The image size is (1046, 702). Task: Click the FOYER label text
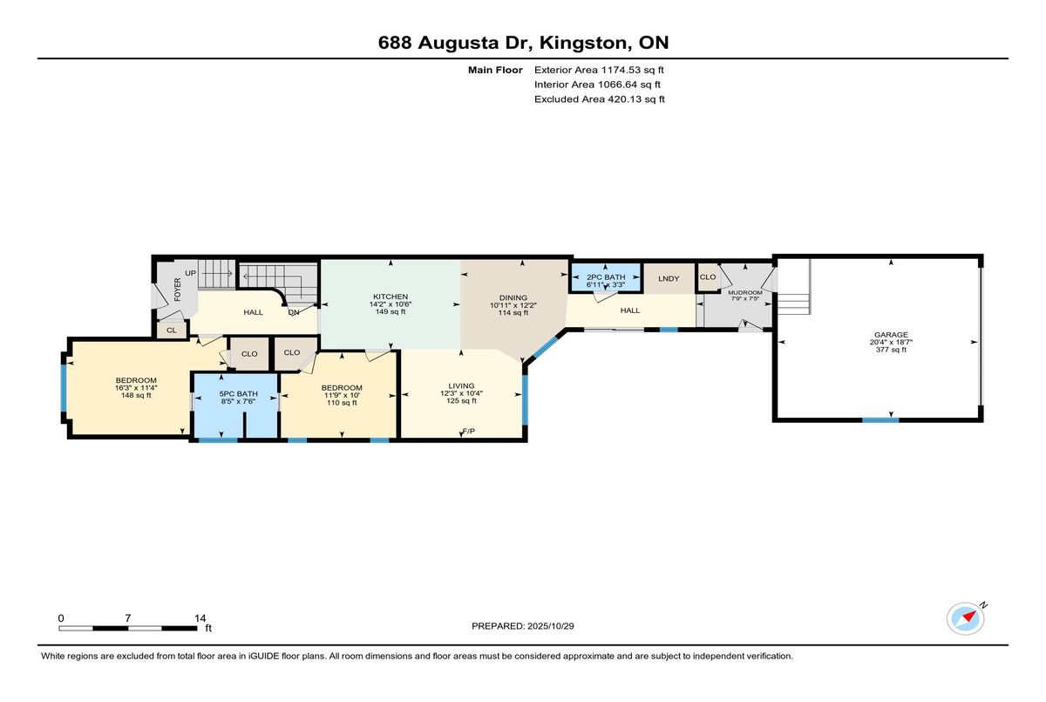click(x=177, y=290)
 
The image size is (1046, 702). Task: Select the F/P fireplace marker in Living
click(x=468, y=432)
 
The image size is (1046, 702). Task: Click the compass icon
click(x=965, y=618)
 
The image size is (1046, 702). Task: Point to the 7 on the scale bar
click(x=128, y=617)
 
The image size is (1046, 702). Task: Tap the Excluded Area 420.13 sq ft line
click(x=600, y=99)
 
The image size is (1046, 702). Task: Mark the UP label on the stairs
click(x=190, y=272)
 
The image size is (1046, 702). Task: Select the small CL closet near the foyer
click(x=171, y=330)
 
